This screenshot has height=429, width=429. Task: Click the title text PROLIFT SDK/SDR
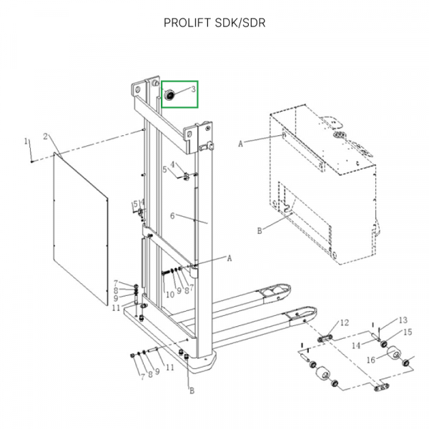pyautogui.click(x=214, y=22)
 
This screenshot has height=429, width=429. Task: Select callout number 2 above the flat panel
pyautogui.click(x=45, y=136)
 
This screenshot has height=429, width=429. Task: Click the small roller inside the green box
pyautogui.click(x=171, y=95)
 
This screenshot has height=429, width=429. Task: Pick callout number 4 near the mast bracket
pyautogui.click(x=172, y=165)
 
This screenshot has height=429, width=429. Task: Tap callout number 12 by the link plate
pyautogui.click(x=344, y=324)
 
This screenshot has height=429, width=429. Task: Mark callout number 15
pyautogui.click(x=408, y=332)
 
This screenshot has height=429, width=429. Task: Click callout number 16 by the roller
pyautogui.click(x=371, y=360)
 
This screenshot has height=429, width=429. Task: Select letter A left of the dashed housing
pyautogui.click(x=241, y=144)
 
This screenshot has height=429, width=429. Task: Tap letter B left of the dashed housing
pyautogui.click(x=259, y=231)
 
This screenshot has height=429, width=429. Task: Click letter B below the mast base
pyautogui.click(x=191, y=390)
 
